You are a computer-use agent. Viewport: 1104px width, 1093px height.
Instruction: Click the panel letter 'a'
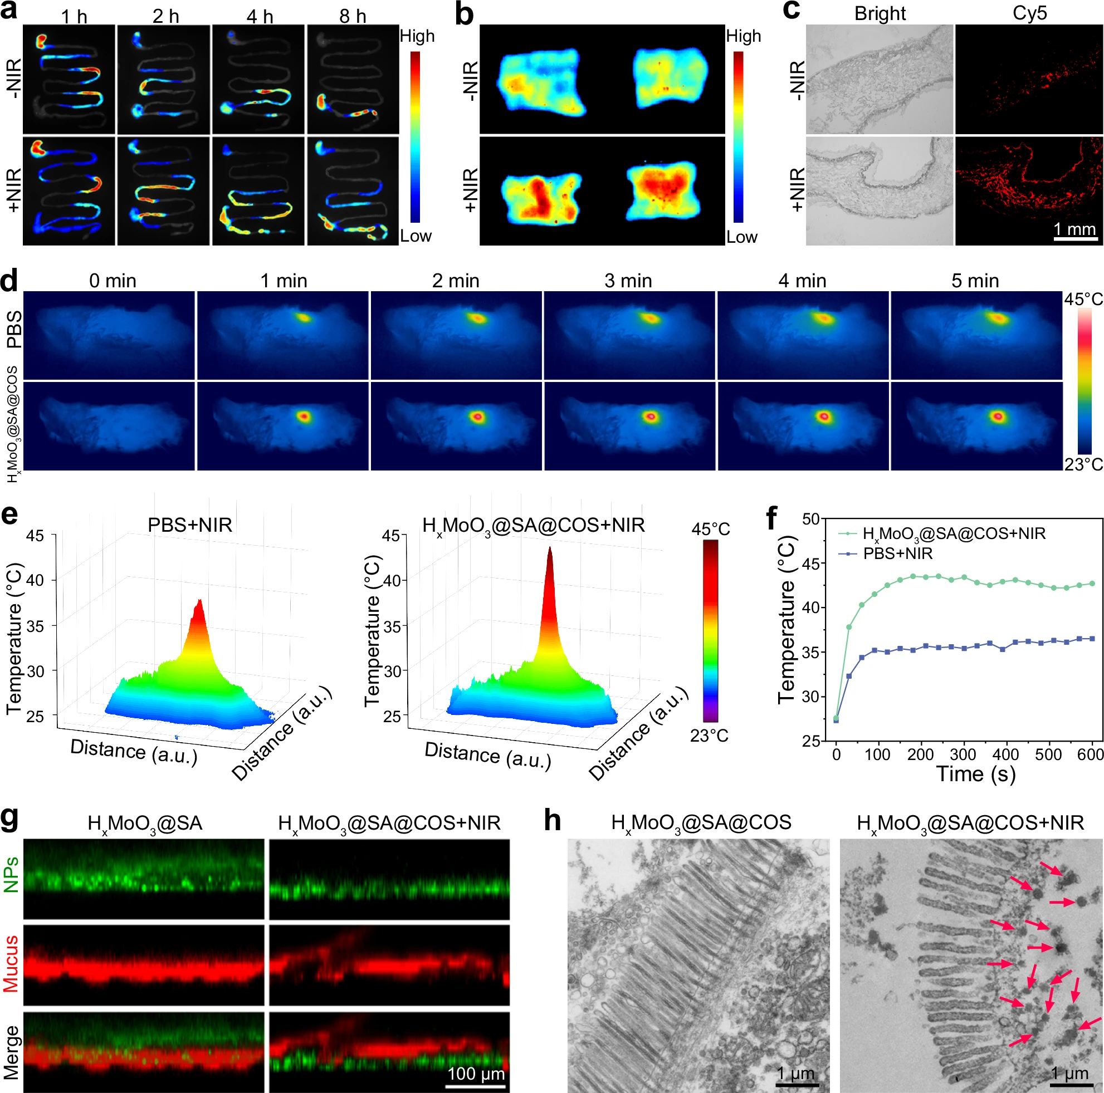[x=8, y=12]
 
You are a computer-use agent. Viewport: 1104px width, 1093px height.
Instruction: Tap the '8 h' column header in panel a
[x=353, y=16]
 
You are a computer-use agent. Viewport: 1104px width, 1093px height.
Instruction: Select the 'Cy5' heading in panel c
[x=1029, y=13]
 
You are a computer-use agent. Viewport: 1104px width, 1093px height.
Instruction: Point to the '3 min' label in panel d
[x=628, y=281]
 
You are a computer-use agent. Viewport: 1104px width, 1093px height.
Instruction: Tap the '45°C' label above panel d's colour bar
[x=1083, y=299]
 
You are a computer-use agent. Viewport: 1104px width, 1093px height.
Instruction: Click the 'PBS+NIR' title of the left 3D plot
[x=190, y=525]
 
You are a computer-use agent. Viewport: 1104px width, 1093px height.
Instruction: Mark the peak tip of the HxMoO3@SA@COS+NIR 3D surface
[x=550, y=548]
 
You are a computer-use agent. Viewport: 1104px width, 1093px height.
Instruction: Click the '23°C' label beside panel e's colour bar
[x=709, y=736]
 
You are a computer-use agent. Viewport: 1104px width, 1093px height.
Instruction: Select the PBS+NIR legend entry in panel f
[x=897, y=553]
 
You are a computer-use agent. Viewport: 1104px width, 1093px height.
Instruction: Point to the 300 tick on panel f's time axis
[x=964, y=754]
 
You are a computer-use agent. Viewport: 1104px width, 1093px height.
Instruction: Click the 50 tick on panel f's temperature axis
[x=811, y=519]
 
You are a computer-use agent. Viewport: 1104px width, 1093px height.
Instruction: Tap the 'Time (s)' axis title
[x=975, y=774]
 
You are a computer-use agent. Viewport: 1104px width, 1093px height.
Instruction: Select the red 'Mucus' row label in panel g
[x=12, y=963]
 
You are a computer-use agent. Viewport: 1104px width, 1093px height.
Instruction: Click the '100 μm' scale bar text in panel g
[x=476, y=1074]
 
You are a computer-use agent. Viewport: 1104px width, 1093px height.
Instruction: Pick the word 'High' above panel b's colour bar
[x=744, y=36]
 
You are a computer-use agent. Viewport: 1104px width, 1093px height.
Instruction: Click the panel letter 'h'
[x=552, y=821]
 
